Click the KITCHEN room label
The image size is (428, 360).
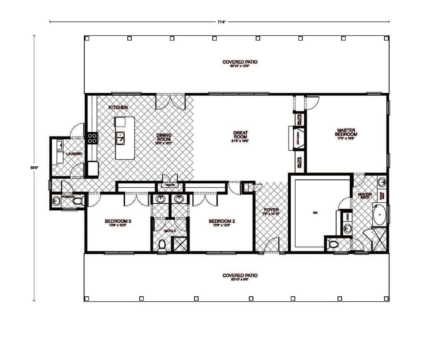tap(118, 108)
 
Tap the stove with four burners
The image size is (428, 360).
tap(92, 138)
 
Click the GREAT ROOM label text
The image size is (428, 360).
tap(240, 135)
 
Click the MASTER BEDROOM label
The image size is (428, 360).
tap(346, 132)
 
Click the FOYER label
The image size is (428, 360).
tap(271, 210)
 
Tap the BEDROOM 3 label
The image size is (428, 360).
tap(118, 221)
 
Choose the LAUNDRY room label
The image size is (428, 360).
tap(74, 154)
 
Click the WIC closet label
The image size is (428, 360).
tap(315, 213)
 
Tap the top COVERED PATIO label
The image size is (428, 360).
tap(240, 62)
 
